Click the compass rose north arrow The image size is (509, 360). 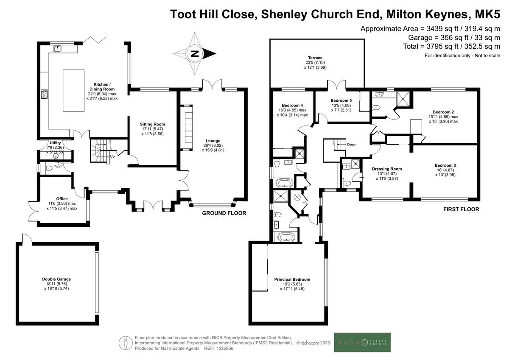(195, 54)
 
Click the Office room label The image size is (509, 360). (62, 198)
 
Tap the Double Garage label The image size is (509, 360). (56, 279)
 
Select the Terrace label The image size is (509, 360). (315, 58)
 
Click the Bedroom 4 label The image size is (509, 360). (292, 105)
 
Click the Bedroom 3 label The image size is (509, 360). (445, 165)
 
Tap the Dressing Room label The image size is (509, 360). (387, 169)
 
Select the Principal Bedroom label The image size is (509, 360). (292, 279)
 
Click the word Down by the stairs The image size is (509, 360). (352, 145)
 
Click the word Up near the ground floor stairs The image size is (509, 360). (112, 156)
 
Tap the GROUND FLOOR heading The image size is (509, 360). (224, 213)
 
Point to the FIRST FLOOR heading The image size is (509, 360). (461, 209)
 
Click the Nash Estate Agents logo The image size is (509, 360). (362, 343)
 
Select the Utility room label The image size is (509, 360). (55, 143)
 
